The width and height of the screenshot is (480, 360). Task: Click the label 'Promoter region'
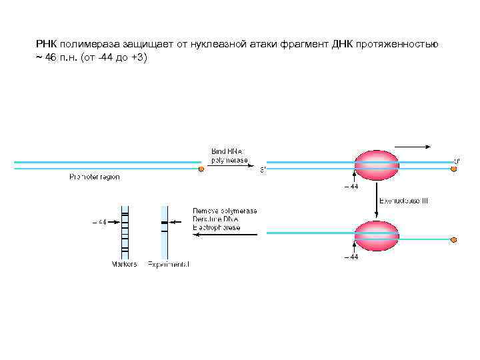(x=95, y=177)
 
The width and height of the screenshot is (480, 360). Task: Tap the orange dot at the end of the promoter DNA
(x=201, y=169)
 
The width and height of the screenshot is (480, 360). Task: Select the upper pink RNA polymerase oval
(x=377, y=165)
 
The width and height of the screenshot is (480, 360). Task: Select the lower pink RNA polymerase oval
(x=377, y=236)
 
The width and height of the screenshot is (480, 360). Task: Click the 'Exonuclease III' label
(x=403, y=201)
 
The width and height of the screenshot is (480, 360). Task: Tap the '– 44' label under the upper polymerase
(x=351, y=187)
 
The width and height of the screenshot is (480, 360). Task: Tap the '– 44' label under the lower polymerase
(x=351, y=257)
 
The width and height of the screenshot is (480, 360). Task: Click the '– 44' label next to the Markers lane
(x=98, y=222)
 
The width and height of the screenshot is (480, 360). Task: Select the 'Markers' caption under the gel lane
(x=124, y=264)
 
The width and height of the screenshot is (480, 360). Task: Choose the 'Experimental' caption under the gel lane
(x=168, y=264)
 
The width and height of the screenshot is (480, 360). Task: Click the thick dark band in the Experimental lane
(x=163, y=222)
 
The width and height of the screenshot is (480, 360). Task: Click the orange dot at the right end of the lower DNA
(x=454, y=240)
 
